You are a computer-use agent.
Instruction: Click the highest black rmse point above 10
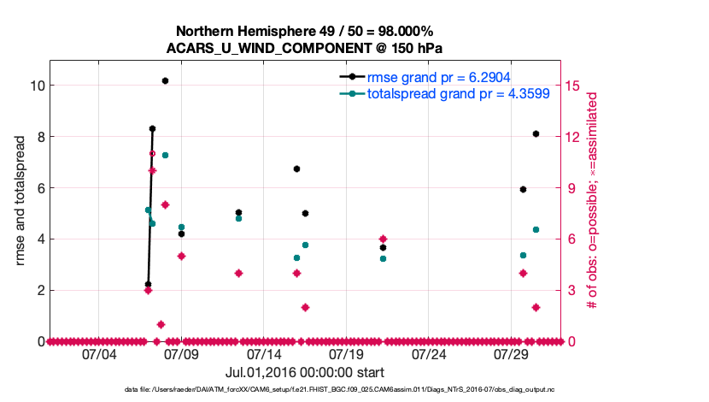coord(165,80)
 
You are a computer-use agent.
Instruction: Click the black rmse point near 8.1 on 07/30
coord(536,133)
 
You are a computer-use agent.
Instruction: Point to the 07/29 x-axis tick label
coord(512,354)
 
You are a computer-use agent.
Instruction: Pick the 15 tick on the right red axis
coord(573,86)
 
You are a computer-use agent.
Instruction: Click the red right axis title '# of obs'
coord(591,201)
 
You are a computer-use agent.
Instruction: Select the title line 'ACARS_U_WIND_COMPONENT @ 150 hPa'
coord(304,48)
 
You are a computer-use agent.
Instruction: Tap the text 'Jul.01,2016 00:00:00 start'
coord(304,372)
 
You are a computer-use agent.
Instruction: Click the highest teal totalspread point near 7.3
coord(165,155)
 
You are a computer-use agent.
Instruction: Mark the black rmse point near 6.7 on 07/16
coord(296,168)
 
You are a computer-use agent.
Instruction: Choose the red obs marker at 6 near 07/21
coord(384,239)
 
